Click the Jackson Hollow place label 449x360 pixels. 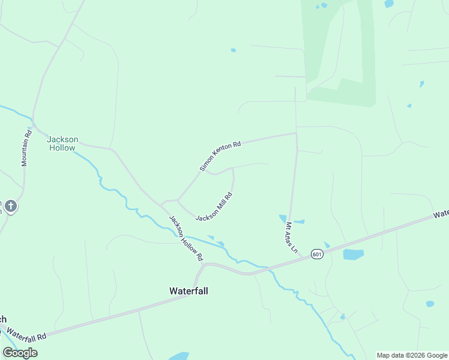[x=62, y=143]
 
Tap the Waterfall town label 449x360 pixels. [x=188, y=290]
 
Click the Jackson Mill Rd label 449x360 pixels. [x=214, y=206]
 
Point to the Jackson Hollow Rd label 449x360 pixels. [x=185, y=238]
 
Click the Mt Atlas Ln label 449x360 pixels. [x=291, y=237]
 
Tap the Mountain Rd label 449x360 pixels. [x=26, y=149]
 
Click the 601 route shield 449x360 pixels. [x=318, y=254]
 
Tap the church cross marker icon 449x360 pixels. [x=11, y=207]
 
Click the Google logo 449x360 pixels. [x=20, y=353]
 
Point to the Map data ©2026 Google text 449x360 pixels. [x=411, y=355]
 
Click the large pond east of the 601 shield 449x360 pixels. [x=353, y=254]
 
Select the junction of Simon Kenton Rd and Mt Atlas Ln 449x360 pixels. [x=296, y=133]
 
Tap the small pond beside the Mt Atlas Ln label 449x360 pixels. [x=283, y=219]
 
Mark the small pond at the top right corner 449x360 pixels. [x=389, y=4]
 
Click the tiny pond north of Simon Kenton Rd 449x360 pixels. [x=233, y=50]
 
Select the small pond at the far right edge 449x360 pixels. [x=429, y=304]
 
